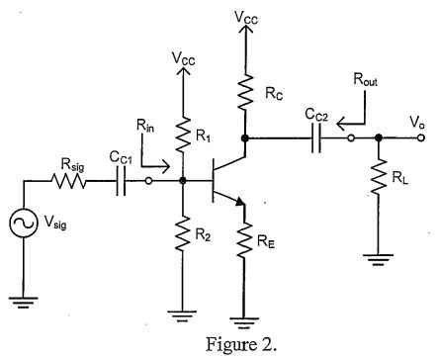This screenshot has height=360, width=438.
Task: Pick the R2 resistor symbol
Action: point(182,235)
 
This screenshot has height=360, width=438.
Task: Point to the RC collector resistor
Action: point(243,90)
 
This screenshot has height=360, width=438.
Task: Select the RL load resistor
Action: point(379,181)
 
